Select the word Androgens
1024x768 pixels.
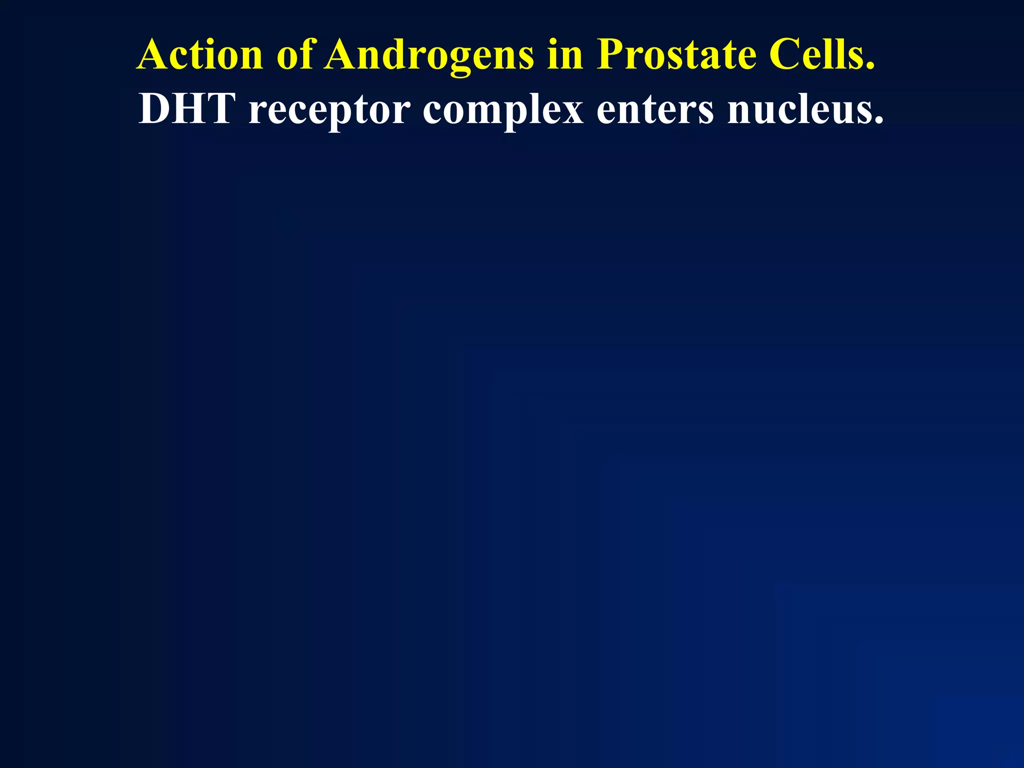click(x=429, y=55)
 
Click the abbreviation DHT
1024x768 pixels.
click(x=186, y=108)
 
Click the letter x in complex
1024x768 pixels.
click(x=570, y=112)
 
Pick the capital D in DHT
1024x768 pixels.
click(x=154, y=108)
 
